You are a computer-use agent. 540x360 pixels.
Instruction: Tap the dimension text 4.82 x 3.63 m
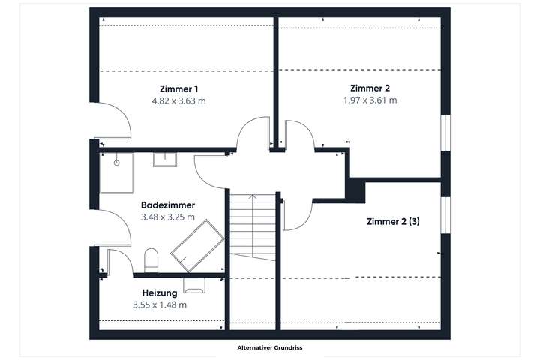pyautogui.click(x=178, y=100)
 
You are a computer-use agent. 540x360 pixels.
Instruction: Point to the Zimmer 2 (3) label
pyautogui.click(x=393, y=222)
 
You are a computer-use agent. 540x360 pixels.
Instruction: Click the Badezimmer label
pyautogui.click(x=168, y=205)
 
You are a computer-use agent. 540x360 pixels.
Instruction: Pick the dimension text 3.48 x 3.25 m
pyautogui.click(x=168, y=217)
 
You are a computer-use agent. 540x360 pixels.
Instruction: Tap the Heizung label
pyautogui.click(x=159, y=292)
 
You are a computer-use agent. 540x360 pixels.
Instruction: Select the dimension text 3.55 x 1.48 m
pyautogui.click(x=159, y=304)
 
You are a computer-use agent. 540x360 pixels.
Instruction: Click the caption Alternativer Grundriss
pyautogui.click(x=269, y=348)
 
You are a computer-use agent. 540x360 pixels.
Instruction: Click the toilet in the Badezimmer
pyautogui.click(x=151, y=259)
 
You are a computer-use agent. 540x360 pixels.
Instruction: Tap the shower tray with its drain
pyautogui.click(x=117, y=172)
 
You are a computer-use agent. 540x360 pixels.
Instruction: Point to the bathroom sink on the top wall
pyautogui.click(x=165, y=159)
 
